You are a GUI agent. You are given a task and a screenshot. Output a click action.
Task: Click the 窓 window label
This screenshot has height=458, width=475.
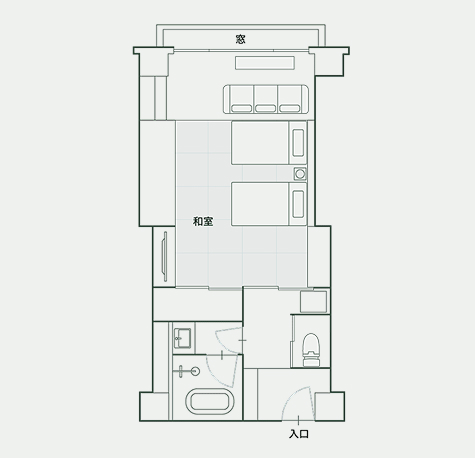tap(240, 39)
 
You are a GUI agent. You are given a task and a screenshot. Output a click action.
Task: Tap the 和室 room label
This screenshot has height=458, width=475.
tap(203, 221)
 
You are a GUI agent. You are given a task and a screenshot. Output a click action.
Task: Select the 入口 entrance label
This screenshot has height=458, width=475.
tap(299, 434)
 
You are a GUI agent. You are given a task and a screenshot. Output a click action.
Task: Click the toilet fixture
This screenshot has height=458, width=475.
tap(311, 350)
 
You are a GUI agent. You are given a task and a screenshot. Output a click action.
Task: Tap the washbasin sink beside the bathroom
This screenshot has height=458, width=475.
tap(182, 338)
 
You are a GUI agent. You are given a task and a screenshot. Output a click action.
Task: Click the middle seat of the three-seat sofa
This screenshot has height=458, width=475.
tap(266, 99)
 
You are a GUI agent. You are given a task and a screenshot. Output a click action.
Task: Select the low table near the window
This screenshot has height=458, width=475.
tap(265, 63)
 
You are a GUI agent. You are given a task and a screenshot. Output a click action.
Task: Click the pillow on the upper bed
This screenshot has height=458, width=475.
tap(298, 143)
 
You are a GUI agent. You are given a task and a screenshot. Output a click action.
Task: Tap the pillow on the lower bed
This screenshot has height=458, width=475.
tap(298, 204)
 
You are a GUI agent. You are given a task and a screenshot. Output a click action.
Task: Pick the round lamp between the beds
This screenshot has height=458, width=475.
tap(300, 174)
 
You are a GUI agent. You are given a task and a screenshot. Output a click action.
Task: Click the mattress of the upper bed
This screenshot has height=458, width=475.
tap(260, 143)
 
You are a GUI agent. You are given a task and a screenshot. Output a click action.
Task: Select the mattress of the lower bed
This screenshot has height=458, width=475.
tap(260, 204)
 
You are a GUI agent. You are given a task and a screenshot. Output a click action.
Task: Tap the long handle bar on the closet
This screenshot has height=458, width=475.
tap(164, 257)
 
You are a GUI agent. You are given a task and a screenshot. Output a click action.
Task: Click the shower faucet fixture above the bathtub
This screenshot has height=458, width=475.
tap(188, 371)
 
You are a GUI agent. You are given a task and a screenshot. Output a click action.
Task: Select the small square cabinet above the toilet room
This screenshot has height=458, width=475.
tap(313, 302)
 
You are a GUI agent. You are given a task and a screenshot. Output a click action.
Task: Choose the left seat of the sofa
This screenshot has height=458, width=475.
tap(242, 99)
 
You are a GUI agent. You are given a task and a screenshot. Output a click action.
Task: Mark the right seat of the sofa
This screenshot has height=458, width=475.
tap(290, 99)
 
